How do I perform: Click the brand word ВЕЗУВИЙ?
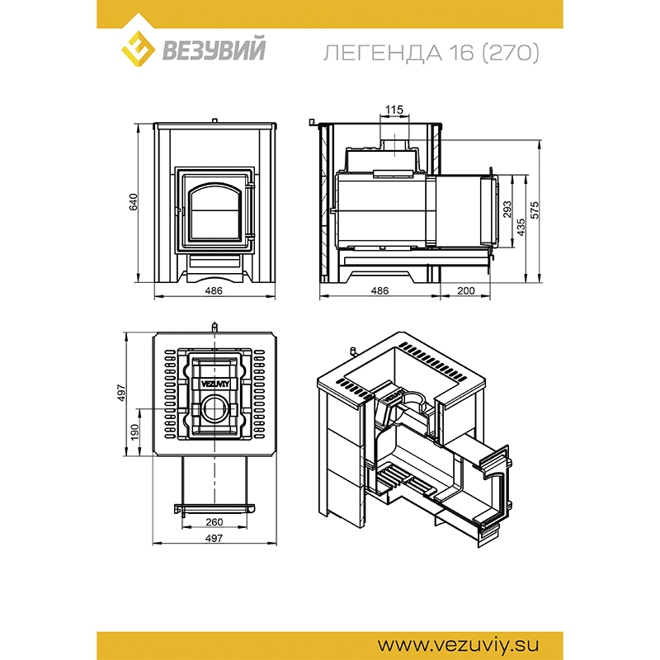coord(214,49)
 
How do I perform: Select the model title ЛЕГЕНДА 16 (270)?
coord(431,53)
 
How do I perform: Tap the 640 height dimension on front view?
coord(134,202)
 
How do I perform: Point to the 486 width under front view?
coord(214,290)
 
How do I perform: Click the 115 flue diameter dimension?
coord(394,110)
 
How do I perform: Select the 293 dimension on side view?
coord(507,210)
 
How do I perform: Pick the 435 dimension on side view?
coord(521,227)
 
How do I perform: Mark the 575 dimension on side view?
coord(535,210)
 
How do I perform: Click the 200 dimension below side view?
coord(465,290)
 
